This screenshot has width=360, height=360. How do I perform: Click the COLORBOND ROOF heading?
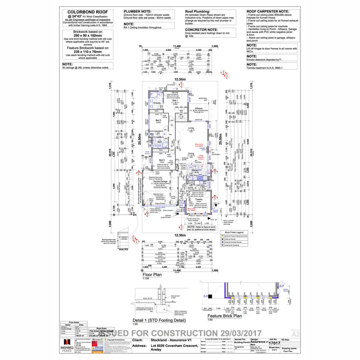click(x=88, y=12)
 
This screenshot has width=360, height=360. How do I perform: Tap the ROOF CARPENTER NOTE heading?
click(x=268, y=11)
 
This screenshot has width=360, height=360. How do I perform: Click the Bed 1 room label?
click(x=175, y=100)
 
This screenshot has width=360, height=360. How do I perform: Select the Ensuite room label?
click(x=157, y=103)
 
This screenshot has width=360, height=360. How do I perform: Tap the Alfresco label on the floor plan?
click(x=199, y=108)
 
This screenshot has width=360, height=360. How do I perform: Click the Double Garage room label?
click(x=160, y=181)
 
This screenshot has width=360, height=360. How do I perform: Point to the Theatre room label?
click(x=199, y=199)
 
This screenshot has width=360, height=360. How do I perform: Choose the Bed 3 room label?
click(x=162, y=160)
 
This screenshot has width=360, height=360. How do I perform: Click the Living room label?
click(x=191, y=128)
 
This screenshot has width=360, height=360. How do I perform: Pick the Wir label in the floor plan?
click(x=181, y=115)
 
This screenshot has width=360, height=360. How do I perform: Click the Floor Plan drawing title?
click(x=152, y=274)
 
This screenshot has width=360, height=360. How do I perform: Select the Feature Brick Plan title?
click(x=224, y=316)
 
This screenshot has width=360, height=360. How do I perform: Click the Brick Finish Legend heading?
click(x=234, y=232)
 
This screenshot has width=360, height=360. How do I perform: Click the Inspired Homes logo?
click(x=67, y=345)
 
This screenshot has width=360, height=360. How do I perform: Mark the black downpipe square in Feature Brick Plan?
click(x=210, y=296)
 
